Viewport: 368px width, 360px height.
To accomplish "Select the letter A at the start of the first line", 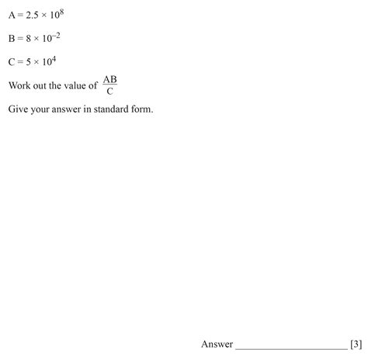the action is (12, 15).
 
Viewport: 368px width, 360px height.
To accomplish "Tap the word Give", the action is (19, 109).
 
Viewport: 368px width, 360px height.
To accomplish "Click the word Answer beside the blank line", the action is (217, 344).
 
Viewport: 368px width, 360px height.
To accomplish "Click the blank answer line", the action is (290, 347).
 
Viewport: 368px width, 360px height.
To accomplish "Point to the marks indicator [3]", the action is (356, 344).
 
